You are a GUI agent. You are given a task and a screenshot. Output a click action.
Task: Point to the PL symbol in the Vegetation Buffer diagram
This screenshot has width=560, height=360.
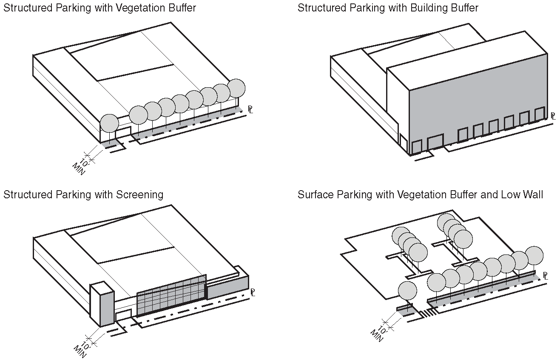pyautogui.click(x=250, y=110)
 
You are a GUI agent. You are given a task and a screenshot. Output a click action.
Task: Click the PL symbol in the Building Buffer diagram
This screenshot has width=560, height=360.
pyautogui.click(x=553, y=115)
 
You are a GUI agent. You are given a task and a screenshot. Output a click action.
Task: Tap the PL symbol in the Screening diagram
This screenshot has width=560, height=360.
pyautogui.click(x=252, y=292)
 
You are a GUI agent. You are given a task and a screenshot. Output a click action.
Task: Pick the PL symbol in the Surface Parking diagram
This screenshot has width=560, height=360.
pyautogui.click(x=546, y=276)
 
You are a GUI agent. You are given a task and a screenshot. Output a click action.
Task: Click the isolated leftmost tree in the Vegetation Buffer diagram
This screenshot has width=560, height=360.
pyautogui.click(x=109, y=123)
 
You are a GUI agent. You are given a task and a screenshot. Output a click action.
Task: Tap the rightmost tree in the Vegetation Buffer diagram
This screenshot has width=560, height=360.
pyautogui.click(x=236, y=88)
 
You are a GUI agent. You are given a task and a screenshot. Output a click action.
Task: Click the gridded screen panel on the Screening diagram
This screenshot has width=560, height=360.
pyautogui.click(x=171, y=295)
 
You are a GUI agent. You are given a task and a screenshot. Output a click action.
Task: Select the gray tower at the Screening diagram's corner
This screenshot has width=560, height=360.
pyautogui.click(x=102, y=304)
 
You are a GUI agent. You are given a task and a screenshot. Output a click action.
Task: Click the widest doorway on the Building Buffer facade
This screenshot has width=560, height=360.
pyautogui.click(x=435, y=142)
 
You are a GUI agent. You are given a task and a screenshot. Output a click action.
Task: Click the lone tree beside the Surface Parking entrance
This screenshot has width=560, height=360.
pyautogui.click(x=407, y=291)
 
